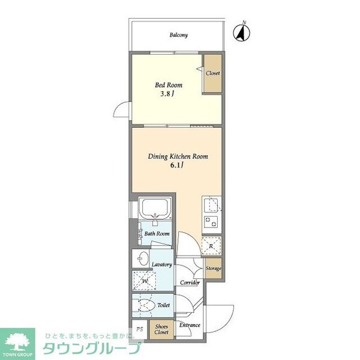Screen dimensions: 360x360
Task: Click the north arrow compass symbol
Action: (242, 32)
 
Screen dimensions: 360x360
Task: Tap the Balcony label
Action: (178, 35)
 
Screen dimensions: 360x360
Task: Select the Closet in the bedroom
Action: (212, 73)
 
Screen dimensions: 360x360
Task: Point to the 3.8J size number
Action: (166, 94)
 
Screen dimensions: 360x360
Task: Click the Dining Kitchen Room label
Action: (178, 157)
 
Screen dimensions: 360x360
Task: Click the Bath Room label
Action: (157, 234)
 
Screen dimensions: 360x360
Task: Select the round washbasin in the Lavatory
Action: (142, 259)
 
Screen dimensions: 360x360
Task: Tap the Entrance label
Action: (190, 326)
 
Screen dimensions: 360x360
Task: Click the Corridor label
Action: (188, 281)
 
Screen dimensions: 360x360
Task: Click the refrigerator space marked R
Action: (212, 245)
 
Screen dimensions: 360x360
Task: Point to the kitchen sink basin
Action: (211, 206)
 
